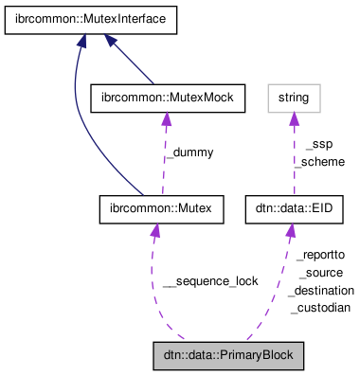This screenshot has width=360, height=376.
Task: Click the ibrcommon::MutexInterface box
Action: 71,19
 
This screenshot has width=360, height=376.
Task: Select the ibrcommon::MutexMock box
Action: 167,96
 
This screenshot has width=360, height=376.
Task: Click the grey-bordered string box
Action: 293,96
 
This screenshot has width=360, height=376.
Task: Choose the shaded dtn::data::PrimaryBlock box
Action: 228,356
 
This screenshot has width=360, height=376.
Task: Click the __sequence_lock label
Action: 209,281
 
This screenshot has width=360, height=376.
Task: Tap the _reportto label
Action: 320,255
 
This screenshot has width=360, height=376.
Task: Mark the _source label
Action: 320,273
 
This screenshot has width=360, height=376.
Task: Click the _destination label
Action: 322,290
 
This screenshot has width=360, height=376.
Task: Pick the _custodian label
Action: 320,308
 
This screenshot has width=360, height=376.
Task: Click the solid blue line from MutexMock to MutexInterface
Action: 132,62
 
